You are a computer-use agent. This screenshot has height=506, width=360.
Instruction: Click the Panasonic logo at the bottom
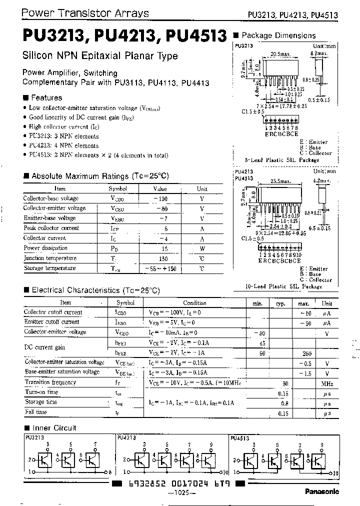pyautogui.click(x=321, y=491)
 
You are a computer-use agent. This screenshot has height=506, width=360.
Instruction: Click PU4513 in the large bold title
pyautogui.click(x=196, y=37)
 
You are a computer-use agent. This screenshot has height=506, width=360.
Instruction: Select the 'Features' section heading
pyautogui.click(x=46, y=98)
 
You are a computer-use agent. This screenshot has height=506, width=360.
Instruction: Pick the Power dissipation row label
pyautogui.click(x=45, y=248)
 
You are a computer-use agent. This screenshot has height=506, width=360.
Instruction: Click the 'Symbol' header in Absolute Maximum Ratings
pyautogui.click(x=118, y=189)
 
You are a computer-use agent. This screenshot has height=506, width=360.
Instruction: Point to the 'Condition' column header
pyautogui.click(x=194, y=303)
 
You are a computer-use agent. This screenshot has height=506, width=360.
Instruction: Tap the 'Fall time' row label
pyautogui.click(x=35, y=412)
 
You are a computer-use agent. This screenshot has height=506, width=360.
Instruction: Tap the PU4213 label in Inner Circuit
pyautogui.click(x=126, y=436)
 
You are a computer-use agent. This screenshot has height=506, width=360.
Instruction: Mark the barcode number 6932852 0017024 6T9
pyautogui.click(x=178, y=484)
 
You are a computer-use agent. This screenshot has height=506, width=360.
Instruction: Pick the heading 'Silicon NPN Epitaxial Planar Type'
pyautogui.click(x=100, y=56)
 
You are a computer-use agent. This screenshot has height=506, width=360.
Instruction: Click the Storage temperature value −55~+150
pyautogui.click(x=160, y=268)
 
